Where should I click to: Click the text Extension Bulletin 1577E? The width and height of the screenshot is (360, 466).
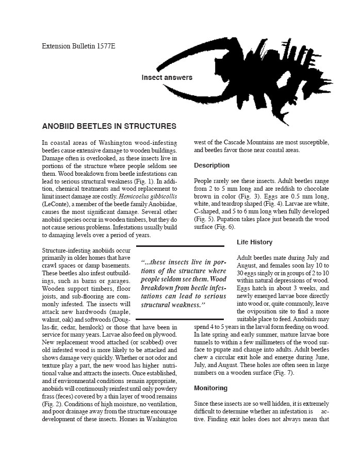click(x=78, y=46)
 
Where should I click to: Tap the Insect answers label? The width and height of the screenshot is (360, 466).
click(x=167, y=78)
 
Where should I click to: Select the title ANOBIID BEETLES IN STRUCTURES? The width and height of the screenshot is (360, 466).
click(x=109, y=126)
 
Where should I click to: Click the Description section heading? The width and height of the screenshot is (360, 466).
click(x=211, y=165)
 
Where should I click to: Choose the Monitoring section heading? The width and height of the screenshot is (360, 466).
click(x=210, y=388)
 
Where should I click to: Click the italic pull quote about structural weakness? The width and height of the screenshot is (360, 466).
click(x=183, y=283)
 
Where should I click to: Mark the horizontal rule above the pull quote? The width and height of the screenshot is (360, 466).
click(x=180, y=246)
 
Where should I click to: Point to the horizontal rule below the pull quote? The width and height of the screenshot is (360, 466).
click(x=180, y=320)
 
